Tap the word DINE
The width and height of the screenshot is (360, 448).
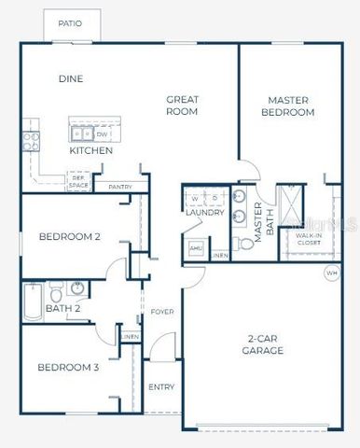click(71, 79)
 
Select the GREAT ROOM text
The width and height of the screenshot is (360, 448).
click(182, 105)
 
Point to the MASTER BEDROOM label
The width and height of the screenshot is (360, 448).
click(290, 105)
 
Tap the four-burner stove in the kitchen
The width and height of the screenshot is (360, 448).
click(32, 140)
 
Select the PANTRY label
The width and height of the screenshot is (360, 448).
click(120, 188)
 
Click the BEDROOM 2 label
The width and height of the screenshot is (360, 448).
click(69, 237)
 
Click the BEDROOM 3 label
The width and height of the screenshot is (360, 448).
click(68, 367)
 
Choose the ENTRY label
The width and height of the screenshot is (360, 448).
click(160, 387)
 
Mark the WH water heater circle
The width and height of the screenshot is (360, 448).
click(331, 273)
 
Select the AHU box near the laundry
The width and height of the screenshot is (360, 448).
click(196, 248)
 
